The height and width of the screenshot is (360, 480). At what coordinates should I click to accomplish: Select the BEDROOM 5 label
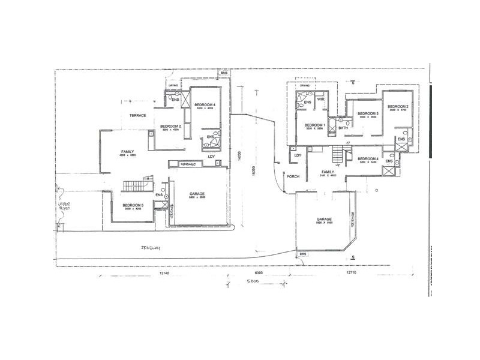pos(132,206)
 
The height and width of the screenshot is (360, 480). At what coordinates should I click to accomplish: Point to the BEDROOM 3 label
pos(367,114)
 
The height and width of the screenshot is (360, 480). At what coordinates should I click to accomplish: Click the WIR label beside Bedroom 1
pos(320,100)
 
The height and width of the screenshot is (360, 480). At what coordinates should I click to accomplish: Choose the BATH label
pos(343,128)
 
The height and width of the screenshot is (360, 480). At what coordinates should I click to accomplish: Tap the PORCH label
pos(293,176)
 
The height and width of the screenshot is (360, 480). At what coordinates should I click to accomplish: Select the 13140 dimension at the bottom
pos(166,272)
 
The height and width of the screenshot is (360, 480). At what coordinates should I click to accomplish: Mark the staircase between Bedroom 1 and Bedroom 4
pos(340,155)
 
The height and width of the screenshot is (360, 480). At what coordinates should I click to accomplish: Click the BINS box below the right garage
pos(302,254)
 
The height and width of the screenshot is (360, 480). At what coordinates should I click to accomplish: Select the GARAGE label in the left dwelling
pos(197,194)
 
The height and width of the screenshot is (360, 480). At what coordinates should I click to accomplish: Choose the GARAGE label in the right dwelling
pos(324,220)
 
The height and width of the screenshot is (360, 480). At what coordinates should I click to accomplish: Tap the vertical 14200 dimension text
pos(239,154)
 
